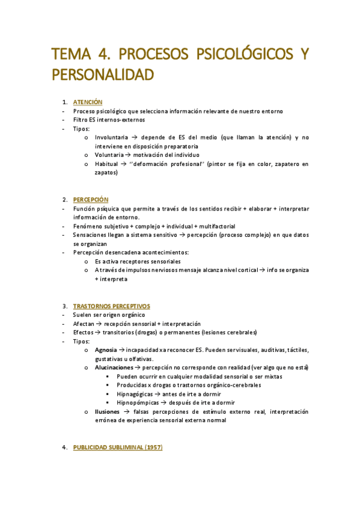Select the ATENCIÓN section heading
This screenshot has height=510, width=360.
click(88, 102)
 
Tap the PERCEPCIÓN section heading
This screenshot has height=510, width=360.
click(91, 199)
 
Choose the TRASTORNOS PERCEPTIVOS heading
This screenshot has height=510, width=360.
click(111, 306)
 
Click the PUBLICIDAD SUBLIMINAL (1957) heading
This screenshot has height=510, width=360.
click(117, 447)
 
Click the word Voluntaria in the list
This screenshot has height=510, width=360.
click(109, 155)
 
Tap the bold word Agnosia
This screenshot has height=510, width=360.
click(105, 350)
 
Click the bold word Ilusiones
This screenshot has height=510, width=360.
click(107, 411)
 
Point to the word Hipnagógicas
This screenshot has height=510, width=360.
click(134, 394)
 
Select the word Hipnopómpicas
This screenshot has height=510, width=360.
click(136, 403)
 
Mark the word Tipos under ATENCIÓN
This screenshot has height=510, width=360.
click(81, 129)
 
